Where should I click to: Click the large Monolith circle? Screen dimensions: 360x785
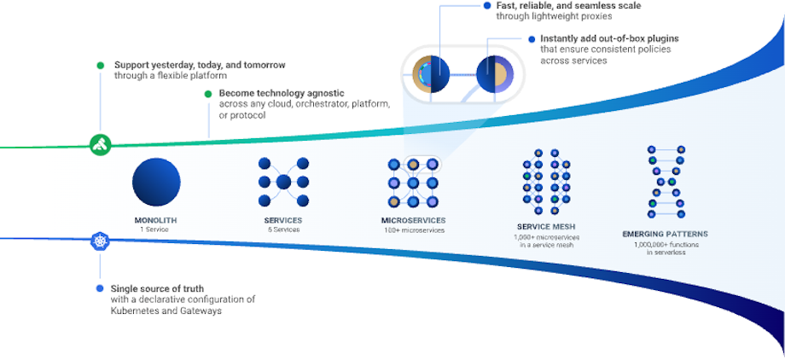156,182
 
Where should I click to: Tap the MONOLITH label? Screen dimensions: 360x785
155,220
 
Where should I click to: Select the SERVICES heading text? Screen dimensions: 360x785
282,220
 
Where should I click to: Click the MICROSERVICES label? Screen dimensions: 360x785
413,220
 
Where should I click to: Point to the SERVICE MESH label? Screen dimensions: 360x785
544,227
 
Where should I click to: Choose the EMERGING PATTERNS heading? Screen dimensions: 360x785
666,234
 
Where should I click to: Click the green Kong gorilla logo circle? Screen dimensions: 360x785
101,143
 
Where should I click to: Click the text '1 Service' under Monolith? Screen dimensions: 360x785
155,229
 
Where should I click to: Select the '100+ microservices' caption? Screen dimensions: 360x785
413,229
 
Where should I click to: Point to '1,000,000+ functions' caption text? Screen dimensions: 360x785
666,244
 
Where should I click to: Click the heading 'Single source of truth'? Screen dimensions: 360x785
159,288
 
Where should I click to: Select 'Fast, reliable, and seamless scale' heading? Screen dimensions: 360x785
568,6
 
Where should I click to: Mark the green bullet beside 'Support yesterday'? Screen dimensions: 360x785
101,65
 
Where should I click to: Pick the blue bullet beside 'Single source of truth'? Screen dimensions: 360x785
101,288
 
